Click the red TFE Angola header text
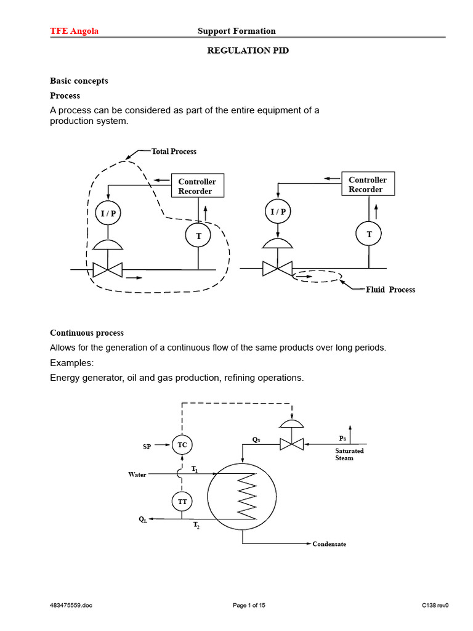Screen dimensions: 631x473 point(74,31)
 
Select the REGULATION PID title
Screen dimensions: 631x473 point(247,51)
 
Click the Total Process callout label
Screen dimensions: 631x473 point(174,151)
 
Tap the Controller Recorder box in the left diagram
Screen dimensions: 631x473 point(197,186)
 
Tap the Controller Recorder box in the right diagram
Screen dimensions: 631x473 point(368,184)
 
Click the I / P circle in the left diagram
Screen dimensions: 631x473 point(108,213)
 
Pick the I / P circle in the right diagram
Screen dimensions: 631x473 point(278,212)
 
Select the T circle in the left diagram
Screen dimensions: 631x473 point(198,235)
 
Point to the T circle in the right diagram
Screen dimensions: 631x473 point(369,234)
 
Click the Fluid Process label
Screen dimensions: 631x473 point(390,290)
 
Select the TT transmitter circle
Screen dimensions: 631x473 point(182,502)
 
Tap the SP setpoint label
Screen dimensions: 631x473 point(147,446)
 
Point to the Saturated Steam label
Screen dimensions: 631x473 point(349,454)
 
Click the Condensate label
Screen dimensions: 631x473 point(329,544)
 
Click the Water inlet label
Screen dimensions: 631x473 point(137,474)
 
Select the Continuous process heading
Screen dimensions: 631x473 point(86,333)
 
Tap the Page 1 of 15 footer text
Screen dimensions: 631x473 point(249,605)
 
